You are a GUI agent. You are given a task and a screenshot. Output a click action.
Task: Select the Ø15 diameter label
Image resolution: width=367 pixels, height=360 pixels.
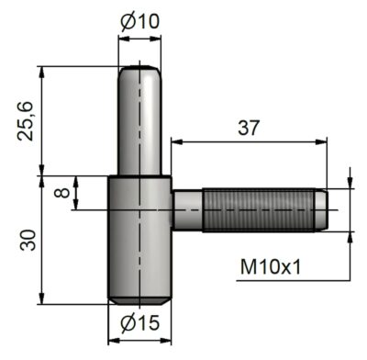coord(139,322)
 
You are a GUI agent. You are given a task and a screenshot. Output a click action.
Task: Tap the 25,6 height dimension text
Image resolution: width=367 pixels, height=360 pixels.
coord(25,120)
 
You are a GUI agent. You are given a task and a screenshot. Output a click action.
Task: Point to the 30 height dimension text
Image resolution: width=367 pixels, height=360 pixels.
coord(27,241)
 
